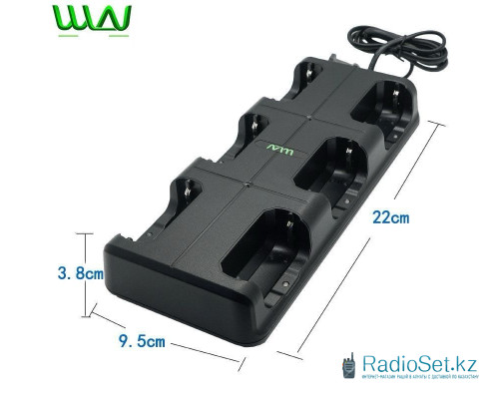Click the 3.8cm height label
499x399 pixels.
[x=52, y=271]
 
